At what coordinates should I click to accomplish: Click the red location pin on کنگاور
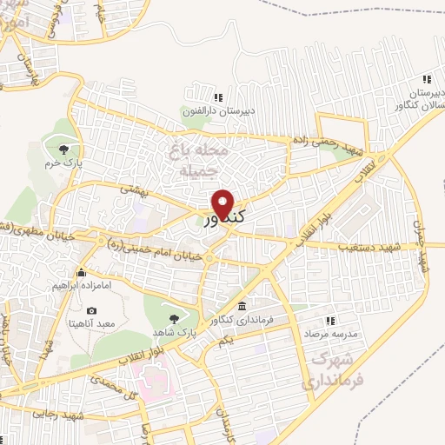tap(223, 203)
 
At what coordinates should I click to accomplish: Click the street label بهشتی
tap(136, 189)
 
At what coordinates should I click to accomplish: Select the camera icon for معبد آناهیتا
tap(92, 310)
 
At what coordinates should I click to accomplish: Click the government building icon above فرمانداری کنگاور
tap(241, 307)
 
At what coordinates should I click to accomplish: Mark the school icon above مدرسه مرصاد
tap(331, 320)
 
